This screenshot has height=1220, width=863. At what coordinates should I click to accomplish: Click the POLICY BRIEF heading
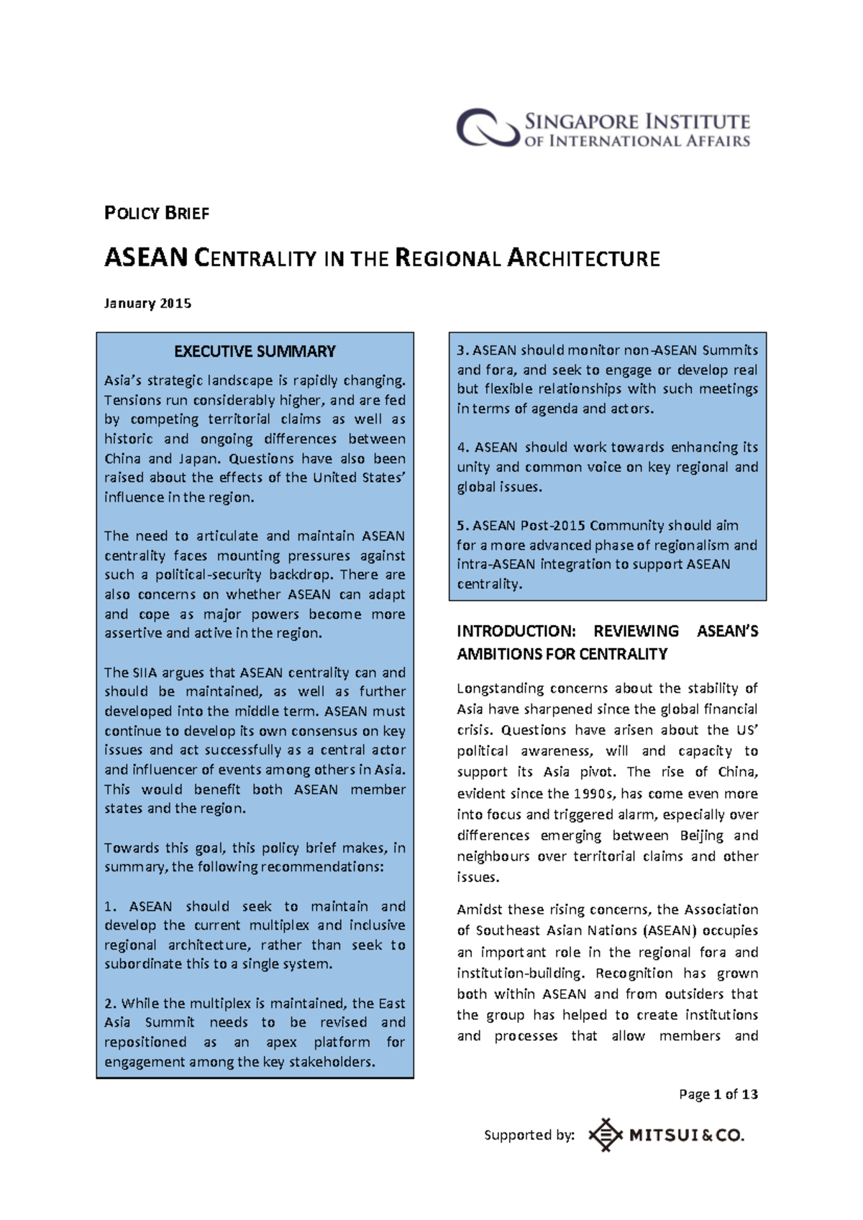(x=157, y=213)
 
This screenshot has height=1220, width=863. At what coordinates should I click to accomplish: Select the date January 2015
(x=147, y=303)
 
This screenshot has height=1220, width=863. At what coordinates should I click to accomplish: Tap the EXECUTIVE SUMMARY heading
(x=255, y=351)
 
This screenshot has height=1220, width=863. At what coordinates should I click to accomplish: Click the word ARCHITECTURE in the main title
(x=583, y=258)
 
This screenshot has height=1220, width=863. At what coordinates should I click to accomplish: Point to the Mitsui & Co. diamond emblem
(x=605, y=1135)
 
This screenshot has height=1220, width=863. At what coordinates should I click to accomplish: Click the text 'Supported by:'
(x=529, y=1135)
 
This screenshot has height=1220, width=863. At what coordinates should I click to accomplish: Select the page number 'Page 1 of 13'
(x=718, y=1094)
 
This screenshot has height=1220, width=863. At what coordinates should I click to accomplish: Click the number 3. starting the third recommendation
(x=462, y=350)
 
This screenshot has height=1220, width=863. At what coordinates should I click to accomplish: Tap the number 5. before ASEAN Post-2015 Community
(x=462, y=526)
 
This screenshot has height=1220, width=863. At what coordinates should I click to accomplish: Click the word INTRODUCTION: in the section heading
(x=516, y=631)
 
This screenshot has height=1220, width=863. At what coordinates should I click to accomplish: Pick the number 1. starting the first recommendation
(x=110, y=906)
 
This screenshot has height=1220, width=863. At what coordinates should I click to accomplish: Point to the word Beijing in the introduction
(x=702, y=835)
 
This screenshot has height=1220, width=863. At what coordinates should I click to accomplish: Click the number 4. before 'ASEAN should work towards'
(x=462, y=447)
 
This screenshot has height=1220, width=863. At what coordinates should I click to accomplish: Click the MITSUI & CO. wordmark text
(x=686, y=1135)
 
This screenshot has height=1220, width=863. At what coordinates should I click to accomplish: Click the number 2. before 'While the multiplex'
(x=110, y=1003)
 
